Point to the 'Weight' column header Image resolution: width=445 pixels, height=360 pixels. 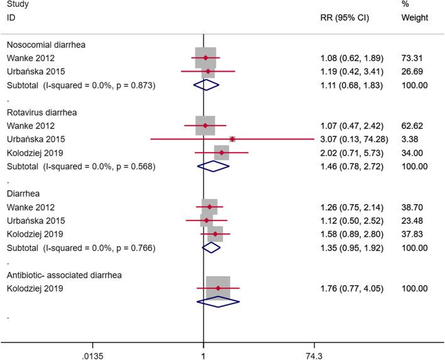[414, 18]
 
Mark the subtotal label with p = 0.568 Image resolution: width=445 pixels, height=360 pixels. [80, 166]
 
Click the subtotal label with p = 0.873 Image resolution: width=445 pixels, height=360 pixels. [80, 85]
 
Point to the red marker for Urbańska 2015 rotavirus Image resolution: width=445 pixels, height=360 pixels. [232, 139]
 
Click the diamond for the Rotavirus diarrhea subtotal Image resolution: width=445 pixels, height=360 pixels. [214, 166]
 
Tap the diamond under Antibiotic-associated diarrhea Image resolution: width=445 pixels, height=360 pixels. [218, 302]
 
